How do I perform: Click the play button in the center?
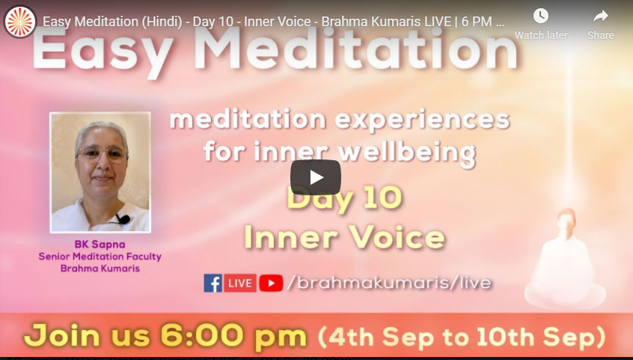[x=316, y=177]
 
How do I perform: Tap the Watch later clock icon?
[x=540, y=16]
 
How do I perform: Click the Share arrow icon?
[x=601, y=16]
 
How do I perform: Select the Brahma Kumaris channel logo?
[x=19, y=22]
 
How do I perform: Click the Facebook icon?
[x=212, y=283]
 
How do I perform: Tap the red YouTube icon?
[x=271, y=283]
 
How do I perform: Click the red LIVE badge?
[x=240, y=283]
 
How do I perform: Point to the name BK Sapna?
[x=100, y=245]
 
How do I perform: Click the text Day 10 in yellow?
[x=344, y=199]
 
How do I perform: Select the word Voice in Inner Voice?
[x=397, y=237]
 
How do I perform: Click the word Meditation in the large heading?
[x=356, y=49]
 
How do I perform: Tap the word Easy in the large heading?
[x=103, y=52]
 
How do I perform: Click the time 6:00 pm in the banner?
[x=233, y=335]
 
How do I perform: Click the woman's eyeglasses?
[x=102, y=154]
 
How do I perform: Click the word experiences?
[x=422, y=120]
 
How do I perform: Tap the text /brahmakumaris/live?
[x=390, y=283]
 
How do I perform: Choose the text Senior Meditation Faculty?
[x=100, y=257]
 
